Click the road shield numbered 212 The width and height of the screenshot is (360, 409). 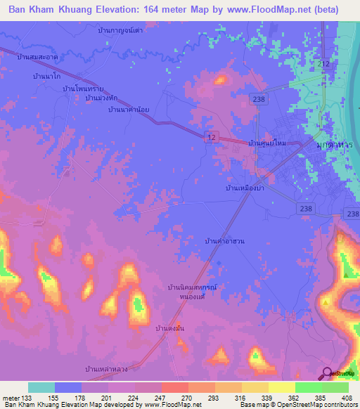pyautogui.click(x=324, y=65)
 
